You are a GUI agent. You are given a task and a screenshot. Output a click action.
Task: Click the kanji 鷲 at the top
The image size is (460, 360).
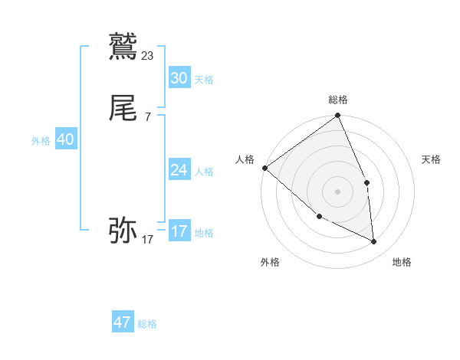[x=123, y=47]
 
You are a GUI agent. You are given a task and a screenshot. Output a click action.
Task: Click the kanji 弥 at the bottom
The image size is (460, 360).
[x=123, y=229]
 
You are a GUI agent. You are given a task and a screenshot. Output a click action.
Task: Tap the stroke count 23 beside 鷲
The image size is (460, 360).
[x=148, y=55]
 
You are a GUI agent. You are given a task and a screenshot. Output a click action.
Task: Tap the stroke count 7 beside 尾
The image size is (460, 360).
[x=148, y=116]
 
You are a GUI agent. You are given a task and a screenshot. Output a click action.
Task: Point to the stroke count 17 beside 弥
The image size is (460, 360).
[x=148, y=240]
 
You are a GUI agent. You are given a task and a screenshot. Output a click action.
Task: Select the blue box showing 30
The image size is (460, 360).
[x=179, y=77]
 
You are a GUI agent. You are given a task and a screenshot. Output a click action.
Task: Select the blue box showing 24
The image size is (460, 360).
[x=179, y=170]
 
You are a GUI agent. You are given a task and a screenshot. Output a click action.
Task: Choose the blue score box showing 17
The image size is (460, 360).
[x=179, y=231]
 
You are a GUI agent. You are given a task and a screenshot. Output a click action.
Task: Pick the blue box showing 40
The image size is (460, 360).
[x=65, y=139]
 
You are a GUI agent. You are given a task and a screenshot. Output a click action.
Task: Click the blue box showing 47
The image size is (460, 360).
[x=123, y=322]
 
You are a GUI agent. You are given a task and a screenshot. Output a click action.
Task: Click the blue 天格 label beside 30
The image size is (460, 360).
[x=204, y=79]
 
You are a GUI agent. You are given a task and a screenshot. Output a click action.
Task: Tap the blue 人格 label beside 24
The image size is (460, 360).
[x=204, y=172]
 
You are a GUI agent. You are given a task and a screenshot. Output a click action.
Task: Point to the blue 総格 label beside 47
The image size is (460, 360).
[x=147, y=324]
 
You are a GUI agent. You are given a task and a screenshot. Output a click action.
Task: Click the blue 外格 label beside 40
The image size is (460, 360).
[x=41, y=141]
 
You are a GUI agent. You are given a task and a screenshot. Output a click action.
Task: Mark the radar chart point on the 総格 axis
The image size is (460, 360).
[x=338, y=116]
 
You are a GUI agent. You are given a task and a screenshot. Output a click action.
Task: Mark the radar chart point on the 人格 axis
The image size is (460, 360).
[x=264, y=168]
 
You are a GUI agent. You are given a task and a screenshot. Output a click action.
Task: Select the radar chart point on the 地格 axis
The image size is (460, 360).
[x=374, y=242]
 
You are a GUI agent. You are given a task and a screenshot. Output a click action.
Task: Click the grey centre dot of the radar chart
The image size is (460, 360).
[x=338, y=191]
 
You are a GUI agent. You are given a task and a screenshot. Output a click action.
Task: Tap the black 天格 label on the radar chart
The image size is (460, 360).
[x=432, y=159]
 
